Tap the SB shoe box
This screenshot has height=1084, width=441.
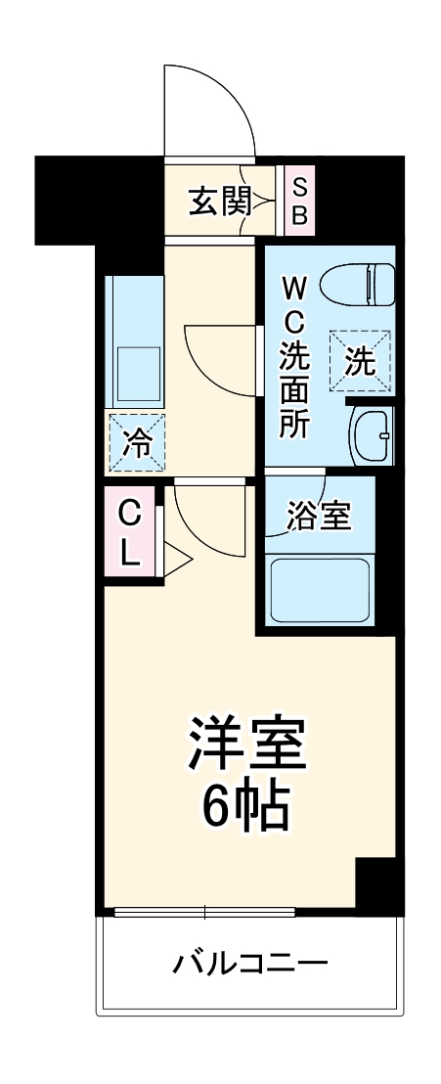click(x=299, y=201)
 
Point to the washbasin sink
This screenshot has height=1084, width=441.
click(x=371, y=432)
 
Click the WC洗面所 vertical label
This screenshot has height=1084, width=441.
click(x=293, y=356)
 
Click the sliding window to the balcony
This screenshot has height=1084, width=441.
click(x=204, y=913)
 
